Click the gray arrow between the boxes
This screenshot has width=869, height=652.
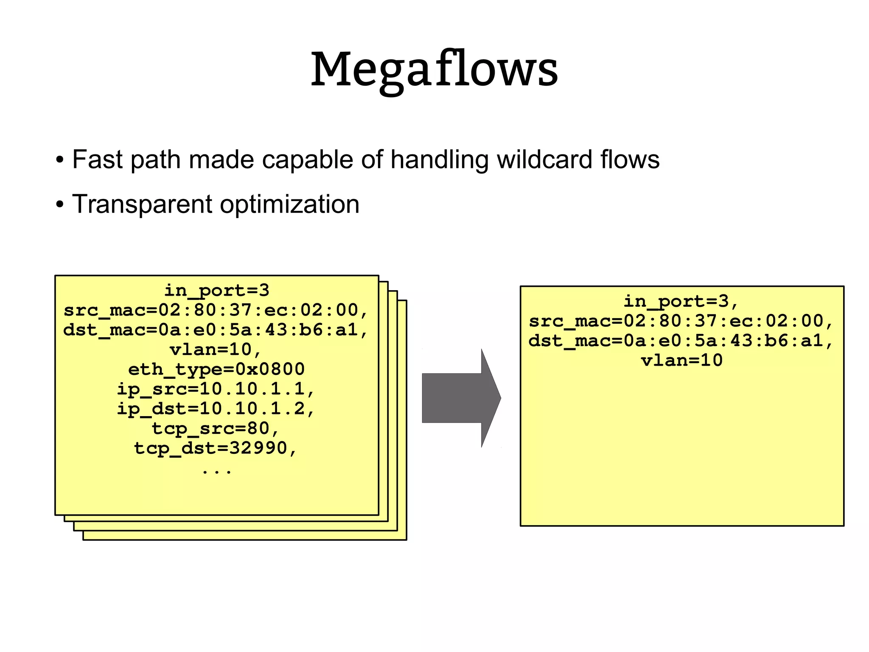coord(458,398)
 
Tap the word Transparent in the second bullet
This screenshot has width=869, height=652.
coord(142,204)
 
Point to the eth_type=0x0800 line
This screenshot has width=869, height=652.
coord(216,369)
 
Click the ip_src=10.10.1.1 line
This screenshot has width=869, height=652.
coord(216,389)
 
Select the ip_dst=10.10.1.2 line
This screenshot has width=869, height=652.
coord(216,409)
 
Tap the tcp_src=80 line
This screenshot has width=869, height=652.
coord(216,428)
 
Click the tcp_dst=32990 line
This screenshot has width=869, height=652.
coord(216,448)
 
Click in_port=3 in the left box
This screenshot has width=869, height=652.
coord(217,291)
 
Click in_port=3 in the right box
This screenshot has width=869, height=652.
coord(681,302)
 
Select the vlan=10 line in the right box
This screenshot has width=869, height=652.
coord(681,361)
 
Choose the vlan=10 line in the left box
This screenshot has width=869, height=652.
coord(216,350)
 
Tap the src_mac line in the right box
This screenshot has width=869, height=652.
coord(681,321)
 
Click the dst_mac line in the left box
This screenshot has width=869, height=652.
coord(216,330)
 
